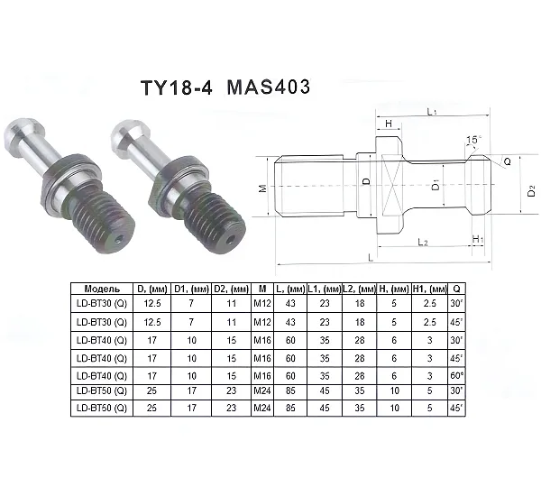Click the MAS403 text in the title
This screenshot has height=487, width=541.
pos(269,87)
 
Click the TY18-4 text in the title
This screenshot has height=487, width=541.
pos(177,87)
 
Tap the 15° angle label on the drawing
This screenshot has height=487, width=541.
pos(473,140)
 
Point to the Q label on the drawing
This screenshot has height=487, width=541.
pos(507,161)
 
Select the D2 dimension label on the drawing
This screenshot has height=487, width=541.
pos(532,191)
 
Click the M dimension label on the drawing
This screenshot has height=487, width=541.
pos(263,188)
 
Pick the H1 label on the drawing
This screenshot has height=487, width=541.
pos(478,239)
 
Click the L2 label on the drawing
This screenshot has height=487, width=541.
pos(423,242)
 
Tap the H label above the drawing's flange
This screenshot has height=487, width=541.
pos(389,124)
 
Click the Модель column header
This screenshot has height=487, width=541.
pos(102,289)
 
